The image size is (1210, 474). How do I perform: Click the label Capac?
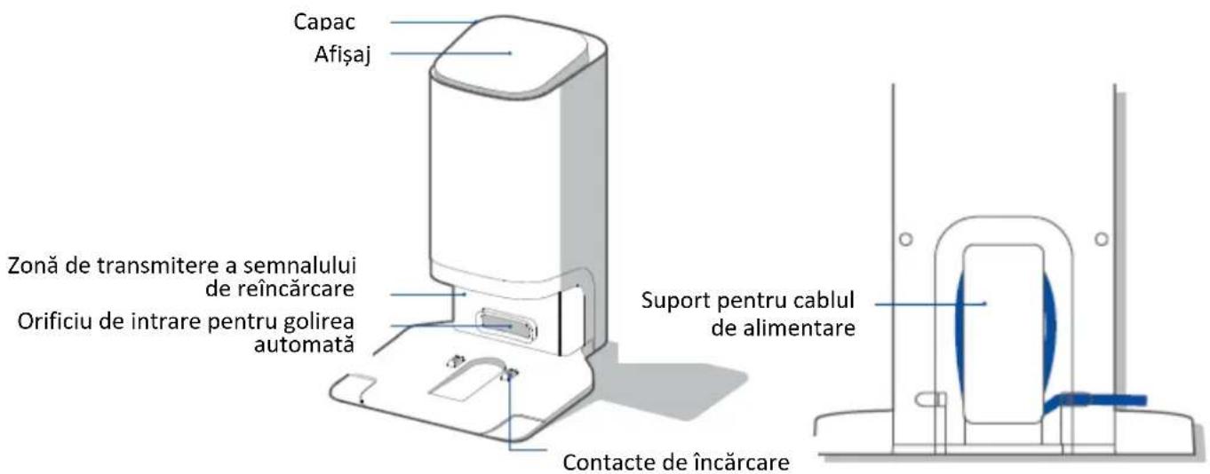click(x=324, y=22)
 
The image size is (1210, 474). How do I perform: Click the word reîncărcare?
click(x=295, y=288)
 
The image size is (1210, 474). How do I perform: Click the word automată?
click(x=304, y=345)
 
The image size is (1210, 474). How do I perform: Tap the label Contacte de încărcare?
click(x=676, y=462)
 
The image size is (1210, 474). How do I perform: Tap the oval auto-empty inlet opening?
click(x=506, y=326)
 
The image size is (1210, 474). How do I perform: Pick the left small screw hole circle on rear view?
click(x=906, y=239)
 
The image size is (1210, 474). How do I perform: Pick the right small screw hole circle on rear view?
click(x=1102, y=239)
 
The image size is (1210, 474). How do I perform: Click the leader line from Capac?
click(x=434, y=22)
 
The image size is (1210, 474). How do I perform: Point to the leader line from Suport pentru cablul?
click(x=931, y=304)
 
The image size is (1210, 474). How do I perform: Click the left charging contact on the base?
click(x=456, y=360)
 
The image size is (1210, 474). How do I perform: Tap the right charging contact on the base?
click(x=509, y=374)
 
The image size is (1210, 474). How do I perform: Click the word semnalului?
click(x=299, y=265)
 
